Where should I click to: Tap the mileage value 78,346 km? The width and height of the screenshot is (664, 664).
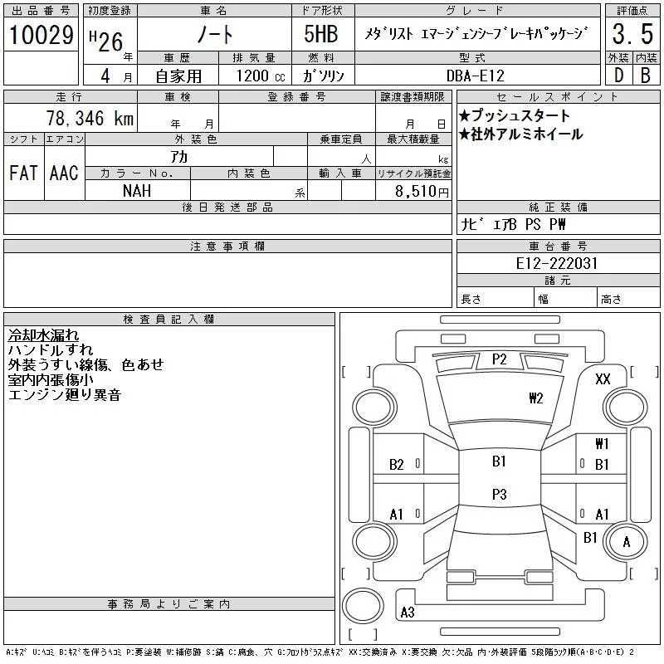tap(90, 119)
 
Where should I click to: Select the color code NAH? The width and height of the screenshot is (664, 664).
tap(137, 190)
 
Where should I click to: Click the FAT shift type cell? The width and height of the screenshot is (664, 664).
tap(22, 173)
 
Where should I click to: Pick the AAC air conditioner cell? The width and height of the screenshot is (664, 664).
tap(64, 173)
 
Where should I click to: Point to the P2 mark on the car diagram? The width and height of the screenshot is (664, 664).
tap(499, 359)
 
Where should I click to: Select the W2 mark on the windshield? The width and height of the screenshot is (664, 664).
tap(535, 398)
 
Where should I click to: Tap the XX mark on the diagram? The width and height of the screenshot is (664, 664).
tap(603, 378)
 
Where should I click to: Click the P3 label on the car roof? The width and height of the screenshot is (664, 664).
tap(499, 494)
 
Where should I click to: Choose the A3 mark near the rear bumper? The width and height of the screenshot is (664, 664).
tap(408, 613)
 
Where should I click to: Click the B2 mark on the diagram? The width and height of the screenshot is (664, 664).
tap(397, 465)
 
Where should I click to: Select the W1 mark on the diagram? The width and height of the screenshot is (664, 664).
tap(602, 444)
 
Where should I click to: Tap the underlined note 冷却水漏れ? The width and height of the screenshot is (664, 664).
tap(44, 335)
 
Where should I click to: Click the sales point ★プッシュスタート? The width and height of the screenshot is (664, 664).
tap(514, 116)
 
